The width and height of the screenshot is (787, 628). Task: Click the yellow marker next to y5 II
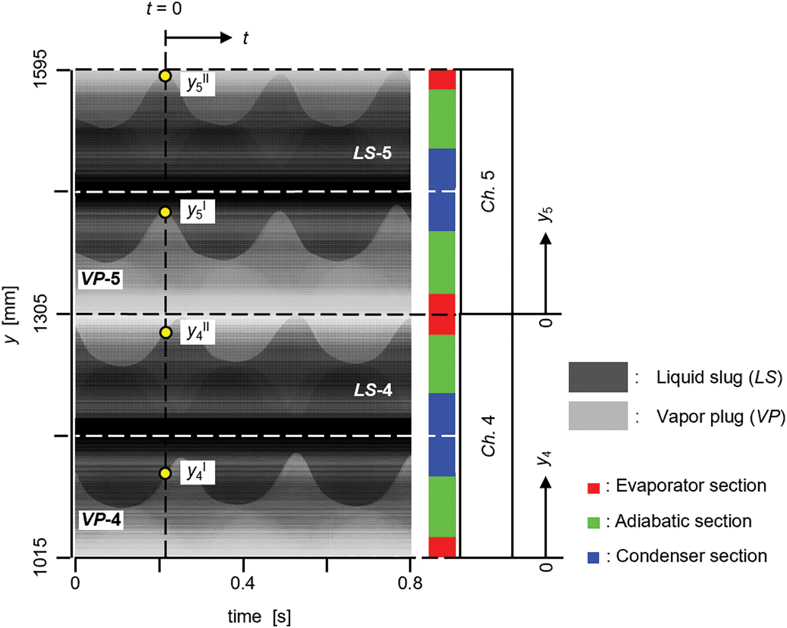point(166,76)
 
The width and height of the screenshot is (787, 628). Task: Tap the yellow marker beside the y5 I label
point(166,212)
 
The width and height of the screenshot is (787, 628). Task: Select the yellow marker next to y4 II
point(166,333)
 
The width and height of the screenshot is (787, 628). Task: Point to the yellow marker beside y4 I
point(166,473)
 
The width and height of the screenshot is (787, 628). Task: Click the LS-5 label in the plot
point(372,153)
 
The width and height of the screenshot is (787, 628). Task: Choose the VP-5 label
point(101,279)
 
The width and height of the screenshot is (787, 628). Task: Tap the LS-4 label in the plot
point(373,390)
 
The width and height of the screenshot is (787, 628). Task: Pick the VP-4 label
point(101,520)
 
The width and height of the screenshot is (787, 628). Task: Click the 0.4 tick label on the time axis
point(242,583)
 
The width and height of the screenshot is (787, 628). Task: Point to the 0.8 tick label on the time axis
point(410,583)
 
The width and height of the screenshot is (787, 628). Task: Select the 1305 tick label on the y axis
point(41,313)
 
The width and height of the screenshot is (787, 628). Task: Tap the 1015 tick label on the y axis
point(41,557)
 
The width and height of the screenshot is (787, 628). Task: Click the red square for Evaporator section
point(593,488)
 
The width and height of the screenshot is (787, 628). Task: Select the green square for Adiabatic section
point(593,522)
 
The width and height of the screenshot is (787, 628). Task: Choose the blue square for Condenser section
point(593,557)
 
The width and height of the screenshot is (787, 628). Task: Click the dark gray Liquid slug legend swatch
point(598,377)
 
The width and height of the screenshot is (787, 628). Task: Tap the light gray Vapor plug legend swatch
point(598,416)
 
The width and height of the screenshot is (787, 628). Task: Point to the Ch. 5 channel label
point(488,191)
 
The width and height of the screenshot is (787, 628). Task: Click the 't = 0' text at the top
point(164,9)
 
